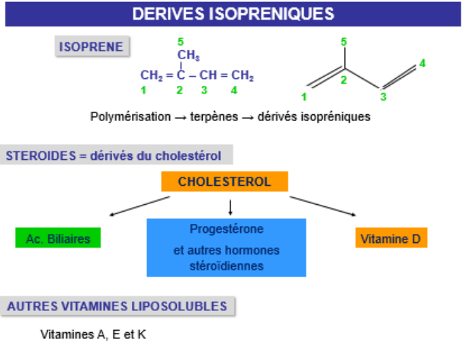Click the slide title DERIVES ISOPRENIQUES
(233, 14)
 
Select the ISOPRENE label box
(91, 47)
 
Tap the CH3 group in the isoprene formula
(188, 55)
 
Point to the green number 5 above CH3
(180, 41)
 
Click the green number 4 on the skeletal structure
(422, 63)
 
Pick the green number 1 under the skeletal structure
(304, 97)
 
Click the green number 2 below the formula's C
(180, 89)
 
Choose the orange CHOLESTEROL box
(224, 182)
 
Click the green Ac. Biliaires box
(58, 238)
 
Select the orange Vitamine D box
(391, 238)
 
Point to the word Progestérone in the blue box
(226, 229)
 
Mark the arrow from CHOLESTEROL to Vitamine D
(323, 206)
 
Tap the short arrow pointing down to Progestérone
(231, 206)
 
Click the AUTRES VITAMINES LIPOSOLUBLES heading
(118, 306)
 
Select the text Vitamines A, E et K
(93, 335)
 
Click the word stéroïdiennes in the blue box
(226, 265)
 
